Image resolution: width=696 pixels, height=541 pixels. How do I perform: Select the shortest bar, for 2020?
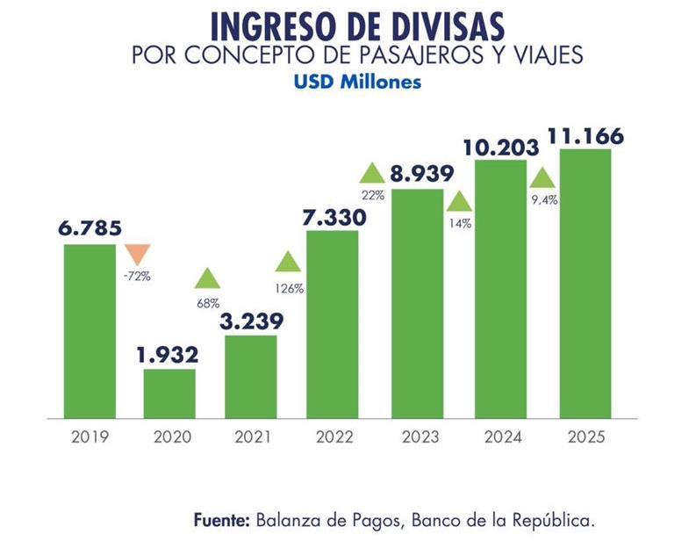[x=169, y=393]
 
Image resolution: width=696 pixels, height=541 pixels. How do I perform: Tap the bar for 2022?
[x=332, y=323]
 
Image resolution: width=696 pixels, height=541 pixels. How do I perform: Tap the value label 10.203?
[x=500, y=147]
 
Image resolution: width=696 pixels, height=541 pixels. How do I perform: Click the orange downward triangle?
[x=136, y=255]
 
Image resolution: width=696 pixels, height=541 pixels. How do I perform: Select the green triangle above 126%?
[x=288, y=261]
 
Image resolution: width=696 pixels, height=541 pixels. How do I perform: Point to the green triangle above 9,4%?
[x=543, y=177]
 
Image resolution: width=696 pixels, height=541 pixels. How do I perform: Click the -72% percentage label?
[x=136, y=276]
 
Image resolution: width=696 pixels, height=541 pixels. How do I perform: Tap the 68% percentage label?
[x=207, y=303]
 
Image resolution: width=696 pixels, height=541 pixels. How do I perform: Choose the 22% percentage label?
[x=372, y=196]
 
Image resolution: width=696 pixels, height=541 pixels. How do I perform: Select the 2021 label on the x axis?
[x=251, y=436]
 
